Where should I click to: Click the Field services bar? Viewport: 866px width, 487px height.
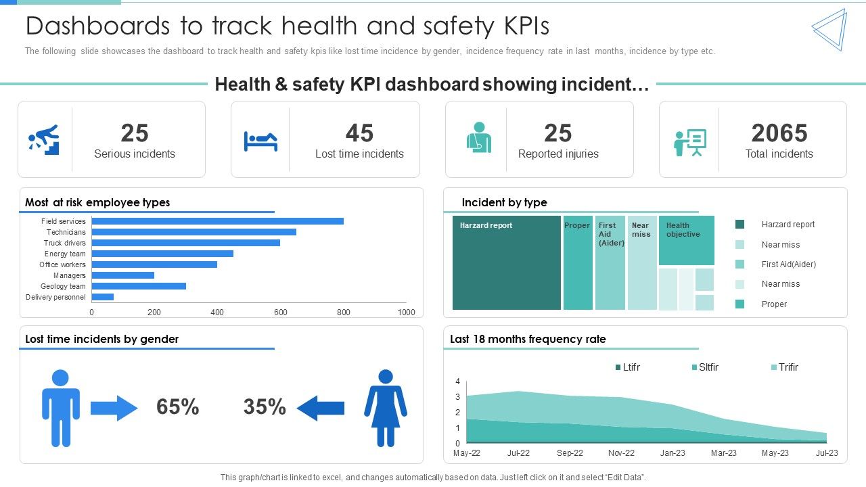(216, 221)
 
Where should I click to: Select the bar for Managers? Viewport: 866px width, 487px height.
(122, 275)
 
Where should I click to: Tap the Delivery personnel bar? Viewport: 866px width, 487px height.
(102, 297)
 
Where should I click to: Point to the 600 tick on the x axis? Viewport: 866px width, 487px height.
(280, 312)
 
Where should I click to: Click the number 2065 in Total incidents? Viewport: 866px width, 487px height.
(779, 133)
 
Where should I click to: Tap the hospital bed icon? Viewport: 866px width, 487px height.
(260, 141)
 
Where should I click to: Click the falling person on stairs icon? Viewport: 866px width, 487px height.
(44, 139)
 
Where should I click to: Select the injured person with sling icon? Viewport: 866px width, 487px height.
(478, 138)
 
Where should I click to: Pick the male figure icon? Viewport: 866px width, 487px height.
(60, 408)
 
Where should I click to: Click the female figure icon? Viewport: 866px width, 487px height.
(386, 408)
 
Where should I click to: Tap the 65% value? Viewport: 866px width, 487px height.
(177, 407)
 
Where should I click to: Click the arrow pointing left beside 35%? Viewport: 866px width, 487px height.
(321, 408)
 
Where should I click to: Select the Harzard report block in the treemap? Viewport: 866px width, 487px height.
(506, 264)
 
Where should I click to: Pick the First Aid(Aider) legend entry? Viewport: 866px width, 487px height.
(788, 264)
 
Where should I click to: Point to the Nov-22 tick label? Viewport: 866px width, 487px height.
(621, 453)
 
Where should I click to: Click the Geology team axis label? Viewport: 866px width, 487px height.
(63, 286)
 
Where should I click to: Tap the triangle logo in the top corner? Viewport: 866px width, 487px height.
(829, 30)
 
